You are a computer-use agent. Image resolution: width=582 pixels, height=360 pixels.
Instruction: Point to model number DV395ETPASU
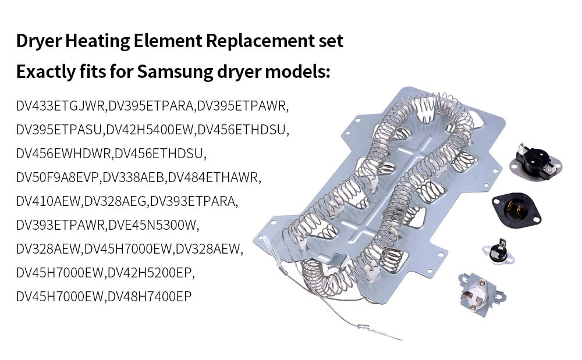pyautogui.click(x=59, y=130)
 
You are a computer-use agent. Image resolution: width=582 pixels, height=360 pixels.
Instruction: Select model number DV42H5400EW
pyautogui.click(x=150, y=130)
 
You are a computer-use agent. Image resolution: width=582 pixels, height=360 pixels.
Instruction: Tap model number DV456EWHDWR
pyautogui.click(x=64, y=154)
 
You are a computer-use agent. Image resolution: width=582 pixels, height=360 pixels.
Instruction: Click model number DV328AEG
pyautogui.click(x=116, y=201)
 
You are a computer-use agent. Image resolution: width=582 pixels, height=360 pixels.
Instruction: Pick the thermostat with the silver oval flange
pyautogui.click(x=532, y=159)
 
